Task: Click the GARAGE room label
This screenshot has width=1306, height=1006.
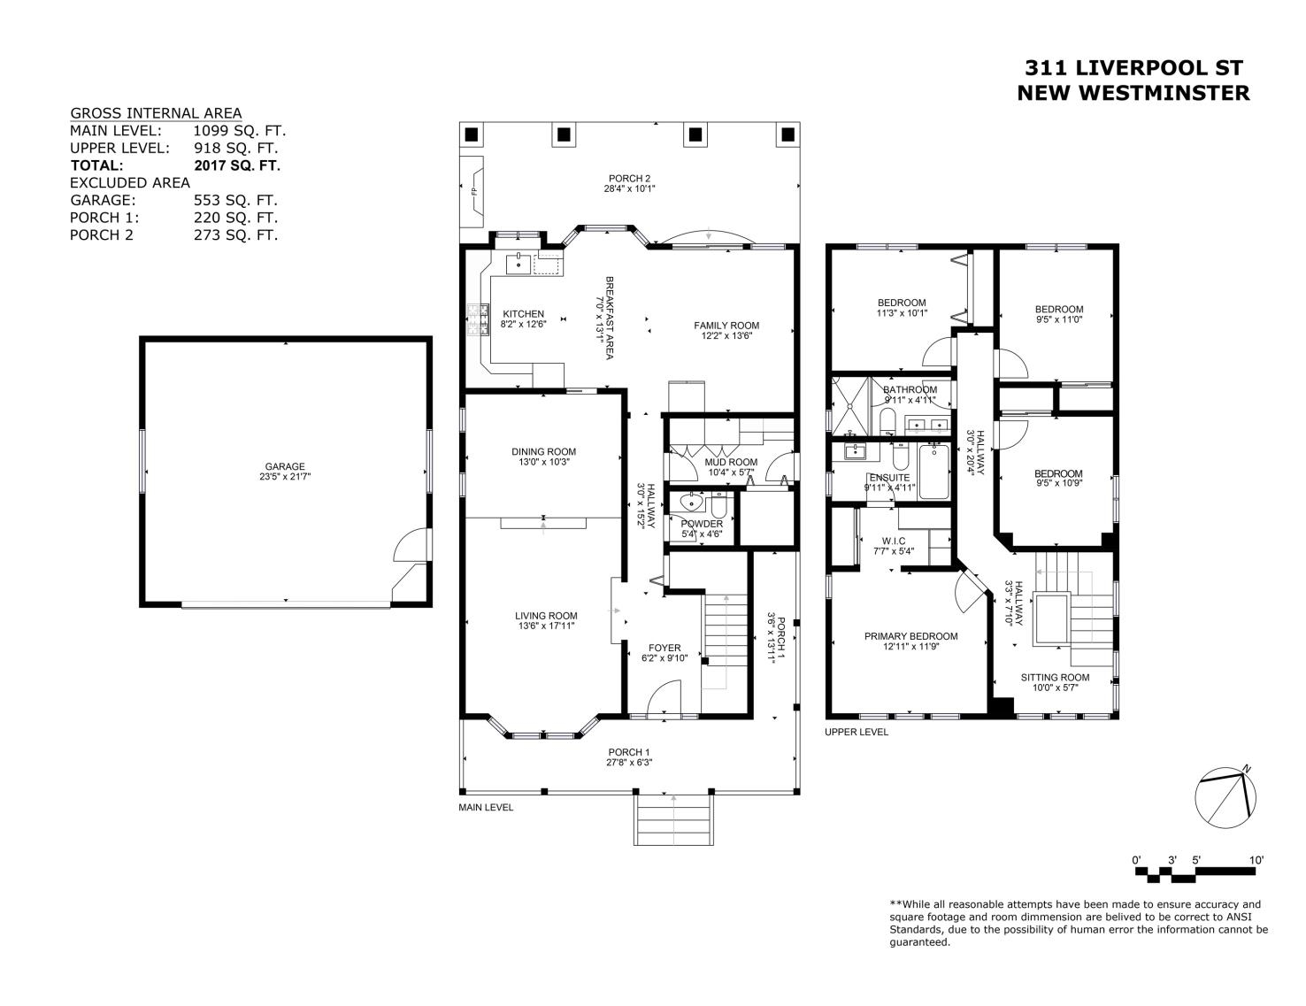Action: click(x=285, y=466)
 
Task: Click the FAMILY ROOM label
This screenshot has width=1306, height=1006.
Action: click(x=726, y=326)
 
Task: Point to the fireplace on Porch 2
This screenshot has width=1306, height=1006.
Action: click(x=472, y=192)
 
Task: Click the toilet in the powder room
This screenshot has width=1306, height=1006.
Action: click(x=718, y=505)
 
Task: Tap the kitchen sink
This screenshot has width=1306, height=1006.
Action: click(x=519, y=264)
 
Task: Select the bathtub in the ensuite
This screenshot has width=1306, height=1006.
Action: click(x=933, y=472)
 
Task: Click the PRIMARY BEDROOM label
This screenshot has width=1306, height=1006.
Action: click(x=911, y=636)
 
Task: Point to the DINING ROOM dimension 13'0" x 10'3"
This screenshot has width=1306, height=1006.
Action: click(x=544, y=462)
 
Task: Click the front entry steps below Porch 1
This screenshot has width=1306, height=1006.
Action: click(x=673, y=819)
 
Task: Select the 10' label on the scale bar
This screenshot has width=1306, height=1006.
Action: click(x=1256, y=860)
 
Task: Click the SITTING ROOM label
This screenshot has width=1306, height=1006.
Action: click(x=1055, y=678)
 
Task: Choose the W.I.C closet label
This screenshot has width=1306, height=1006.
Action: click(x=894, y=541)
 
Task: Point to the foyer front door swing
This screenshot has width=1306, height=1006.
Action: click(x=664, y=697)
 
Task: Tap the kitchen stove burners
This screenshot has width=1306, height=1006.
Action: click(x=479, y=319)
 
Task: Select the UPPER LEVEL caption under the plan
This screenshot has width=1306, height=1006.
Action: click(x=857, y=732)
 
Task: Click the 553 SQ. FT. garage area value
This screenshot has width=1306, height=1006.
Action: click(x=235, y=200)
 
